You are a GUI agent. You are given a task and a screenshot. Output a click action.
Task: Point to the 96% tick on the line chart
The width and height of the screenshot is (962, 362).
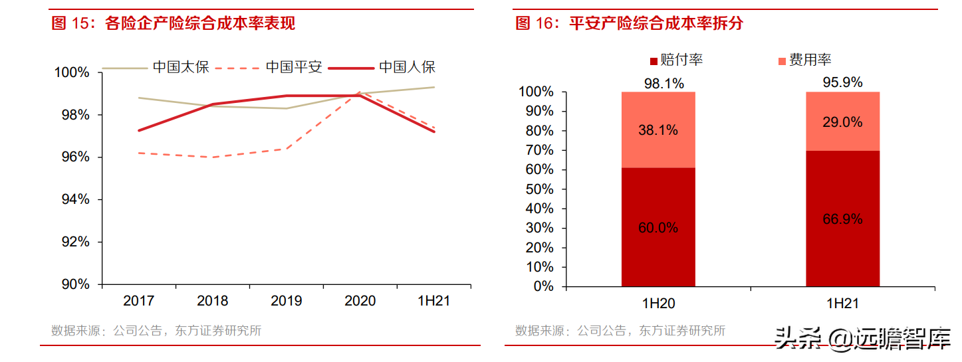(75, 157)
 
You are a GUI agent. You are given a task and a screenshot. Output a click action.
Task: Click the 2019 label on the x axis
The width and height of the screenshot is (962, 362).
(286, 301)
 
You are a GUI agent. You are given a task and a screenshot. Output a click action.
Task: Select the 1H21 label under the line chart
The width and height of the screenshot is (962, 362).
(433, 301)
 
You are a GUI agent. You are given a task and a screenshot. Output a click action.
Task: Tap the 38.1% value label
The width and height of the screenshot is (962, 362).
(658, 130)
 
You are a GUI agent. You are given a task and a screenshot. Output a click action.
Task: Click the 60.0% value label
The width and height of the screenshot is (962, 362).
(658, 228)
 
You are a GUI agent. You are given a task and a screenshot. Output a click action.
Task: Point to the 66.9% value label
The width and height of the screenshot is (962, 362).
(842, 219)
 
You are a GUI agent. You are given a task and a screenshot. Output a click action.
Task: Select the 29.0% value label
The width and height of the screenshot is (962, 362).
(842, 122)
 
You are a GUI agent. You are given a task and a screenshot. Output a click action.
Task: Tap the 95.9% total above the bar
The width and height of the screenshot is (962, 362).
(842, 83)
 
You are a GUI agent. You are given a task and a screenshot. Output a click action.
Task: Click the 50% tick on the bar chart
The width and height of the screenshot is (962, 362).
(539, 189)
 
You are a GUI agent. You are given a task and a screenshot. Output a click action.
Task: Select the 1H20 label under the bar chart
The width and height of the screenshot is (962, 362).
(658, 304)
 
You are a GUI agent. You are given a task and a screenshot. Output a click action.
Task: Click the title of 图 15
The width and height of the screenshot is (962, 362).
(174, 24)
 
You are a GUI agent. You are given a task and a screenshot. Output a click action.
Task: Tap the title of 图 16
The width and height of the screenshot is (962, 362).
(630, 24)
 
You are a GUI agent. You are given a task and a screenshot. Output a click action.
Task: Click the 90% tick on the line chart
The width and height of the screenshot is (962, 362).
(75, 284)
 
